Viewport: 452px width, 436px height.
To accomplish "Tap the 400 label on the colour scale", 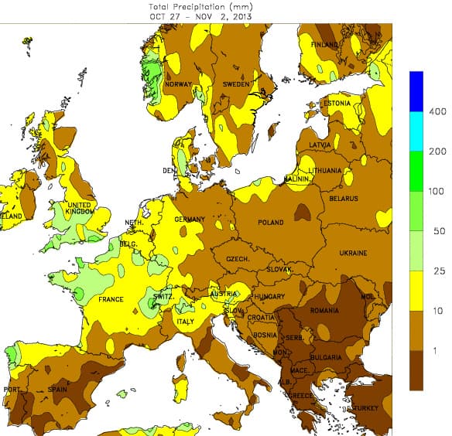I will pyautogui.click(x=437, y=112).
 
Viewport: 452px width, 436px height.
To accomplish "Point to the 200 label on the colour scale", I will pyautogui.click(x=437, y=152).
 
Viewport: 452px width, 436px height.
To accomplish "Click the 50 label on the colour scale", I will pyautogui.click(x=437, y=231).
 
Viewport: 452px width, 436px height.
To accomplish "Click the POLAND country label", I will pyautogui.click(x=271, y=223).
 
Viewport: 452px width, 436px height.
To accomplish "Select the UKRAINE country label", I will pyautogui.click(x=352, y=254).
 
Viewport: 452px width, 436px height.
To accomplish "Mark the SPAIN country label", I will pyautogui.click(x=58, y=390).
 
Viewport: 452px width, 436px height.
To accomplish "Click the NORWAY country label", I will pyautogui.click(x=178, y=84).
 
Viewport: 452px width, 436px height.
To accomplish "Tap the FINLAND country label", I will pyautogui.click(x=324, y=45).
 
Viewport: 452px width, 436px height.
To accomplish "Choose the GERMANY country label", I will pyautogui.click(x=190, y=220).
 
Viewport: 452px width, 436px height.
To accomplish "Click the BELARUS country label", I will pyautogui.click(x=343, y=199).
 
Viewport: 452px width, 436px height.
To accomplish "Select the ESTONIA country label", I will pyautogui.click(x=337, y=104).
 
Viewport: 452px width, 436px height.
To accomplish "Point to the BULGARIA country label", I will pyautogui.click(x=326, y=357).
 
